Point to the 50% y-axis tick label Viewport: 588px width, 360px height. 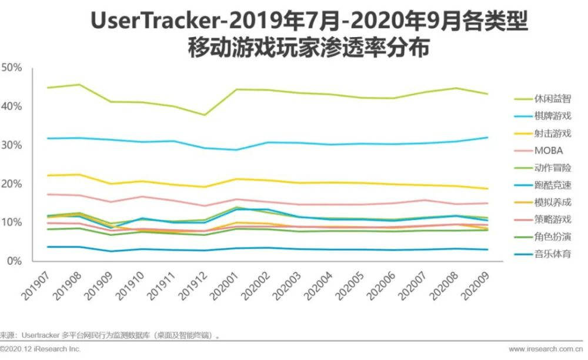[12, 68]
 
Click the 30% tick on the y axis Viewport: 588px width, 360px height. [12, 145]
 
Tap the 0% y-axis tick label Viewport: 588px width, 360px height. [14, 261]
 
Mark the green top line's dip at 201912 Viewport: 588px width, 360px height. [204, 115]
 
